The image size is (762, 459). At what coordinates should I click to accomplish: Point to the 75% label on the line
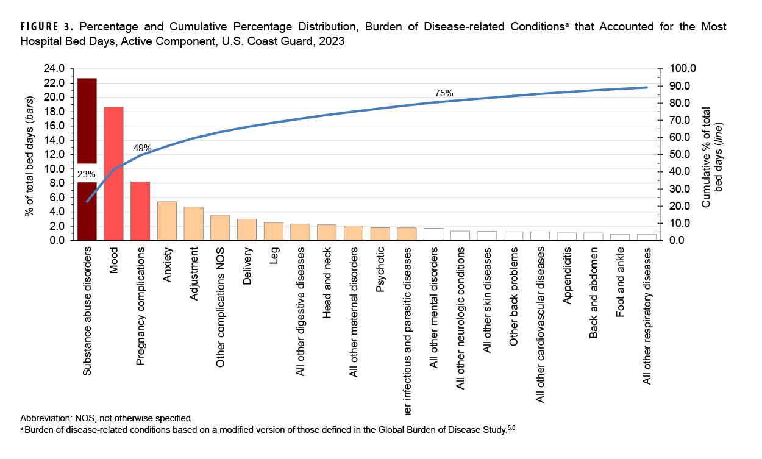point(444,93)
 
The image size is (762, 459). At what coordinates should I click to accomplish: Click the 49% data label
point(142,148)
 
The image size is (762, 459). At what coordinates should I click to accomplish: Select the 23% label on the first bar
point(87,174)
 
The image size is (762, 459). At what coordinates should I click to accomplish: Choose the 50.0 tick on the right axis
point(680,154)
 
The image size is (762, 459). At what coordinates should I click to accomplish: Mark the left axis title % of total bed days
point(28,156)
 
